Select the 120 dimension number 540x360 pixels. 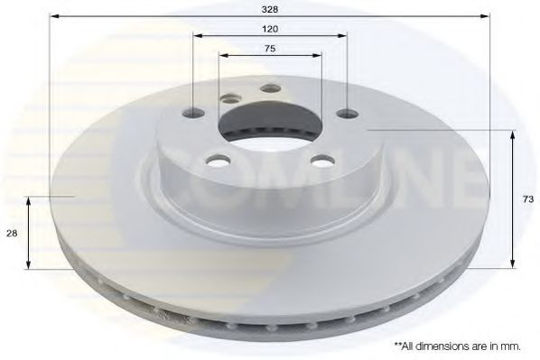coord(271,28)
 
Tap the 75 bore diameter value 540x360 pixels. coord(271,48)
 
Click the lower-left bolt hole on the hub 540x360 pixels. coord(217,161)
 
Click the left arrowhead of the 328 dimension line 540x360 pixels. coord(53,15)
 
